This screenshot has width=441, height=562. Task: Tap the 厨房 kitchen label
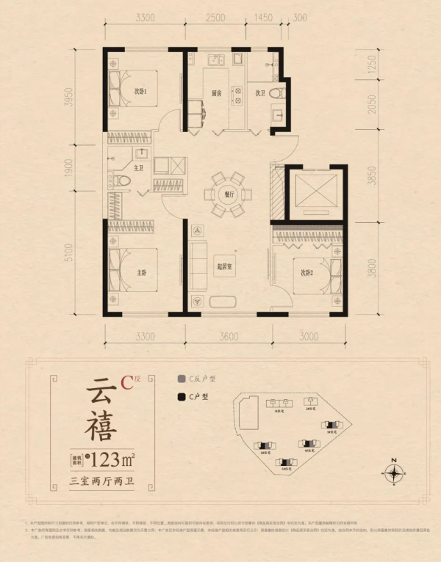218,94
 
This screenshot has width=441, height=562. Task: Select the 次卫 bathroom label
259,94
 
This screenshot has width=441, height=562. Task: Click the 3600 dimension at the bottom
229,337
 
